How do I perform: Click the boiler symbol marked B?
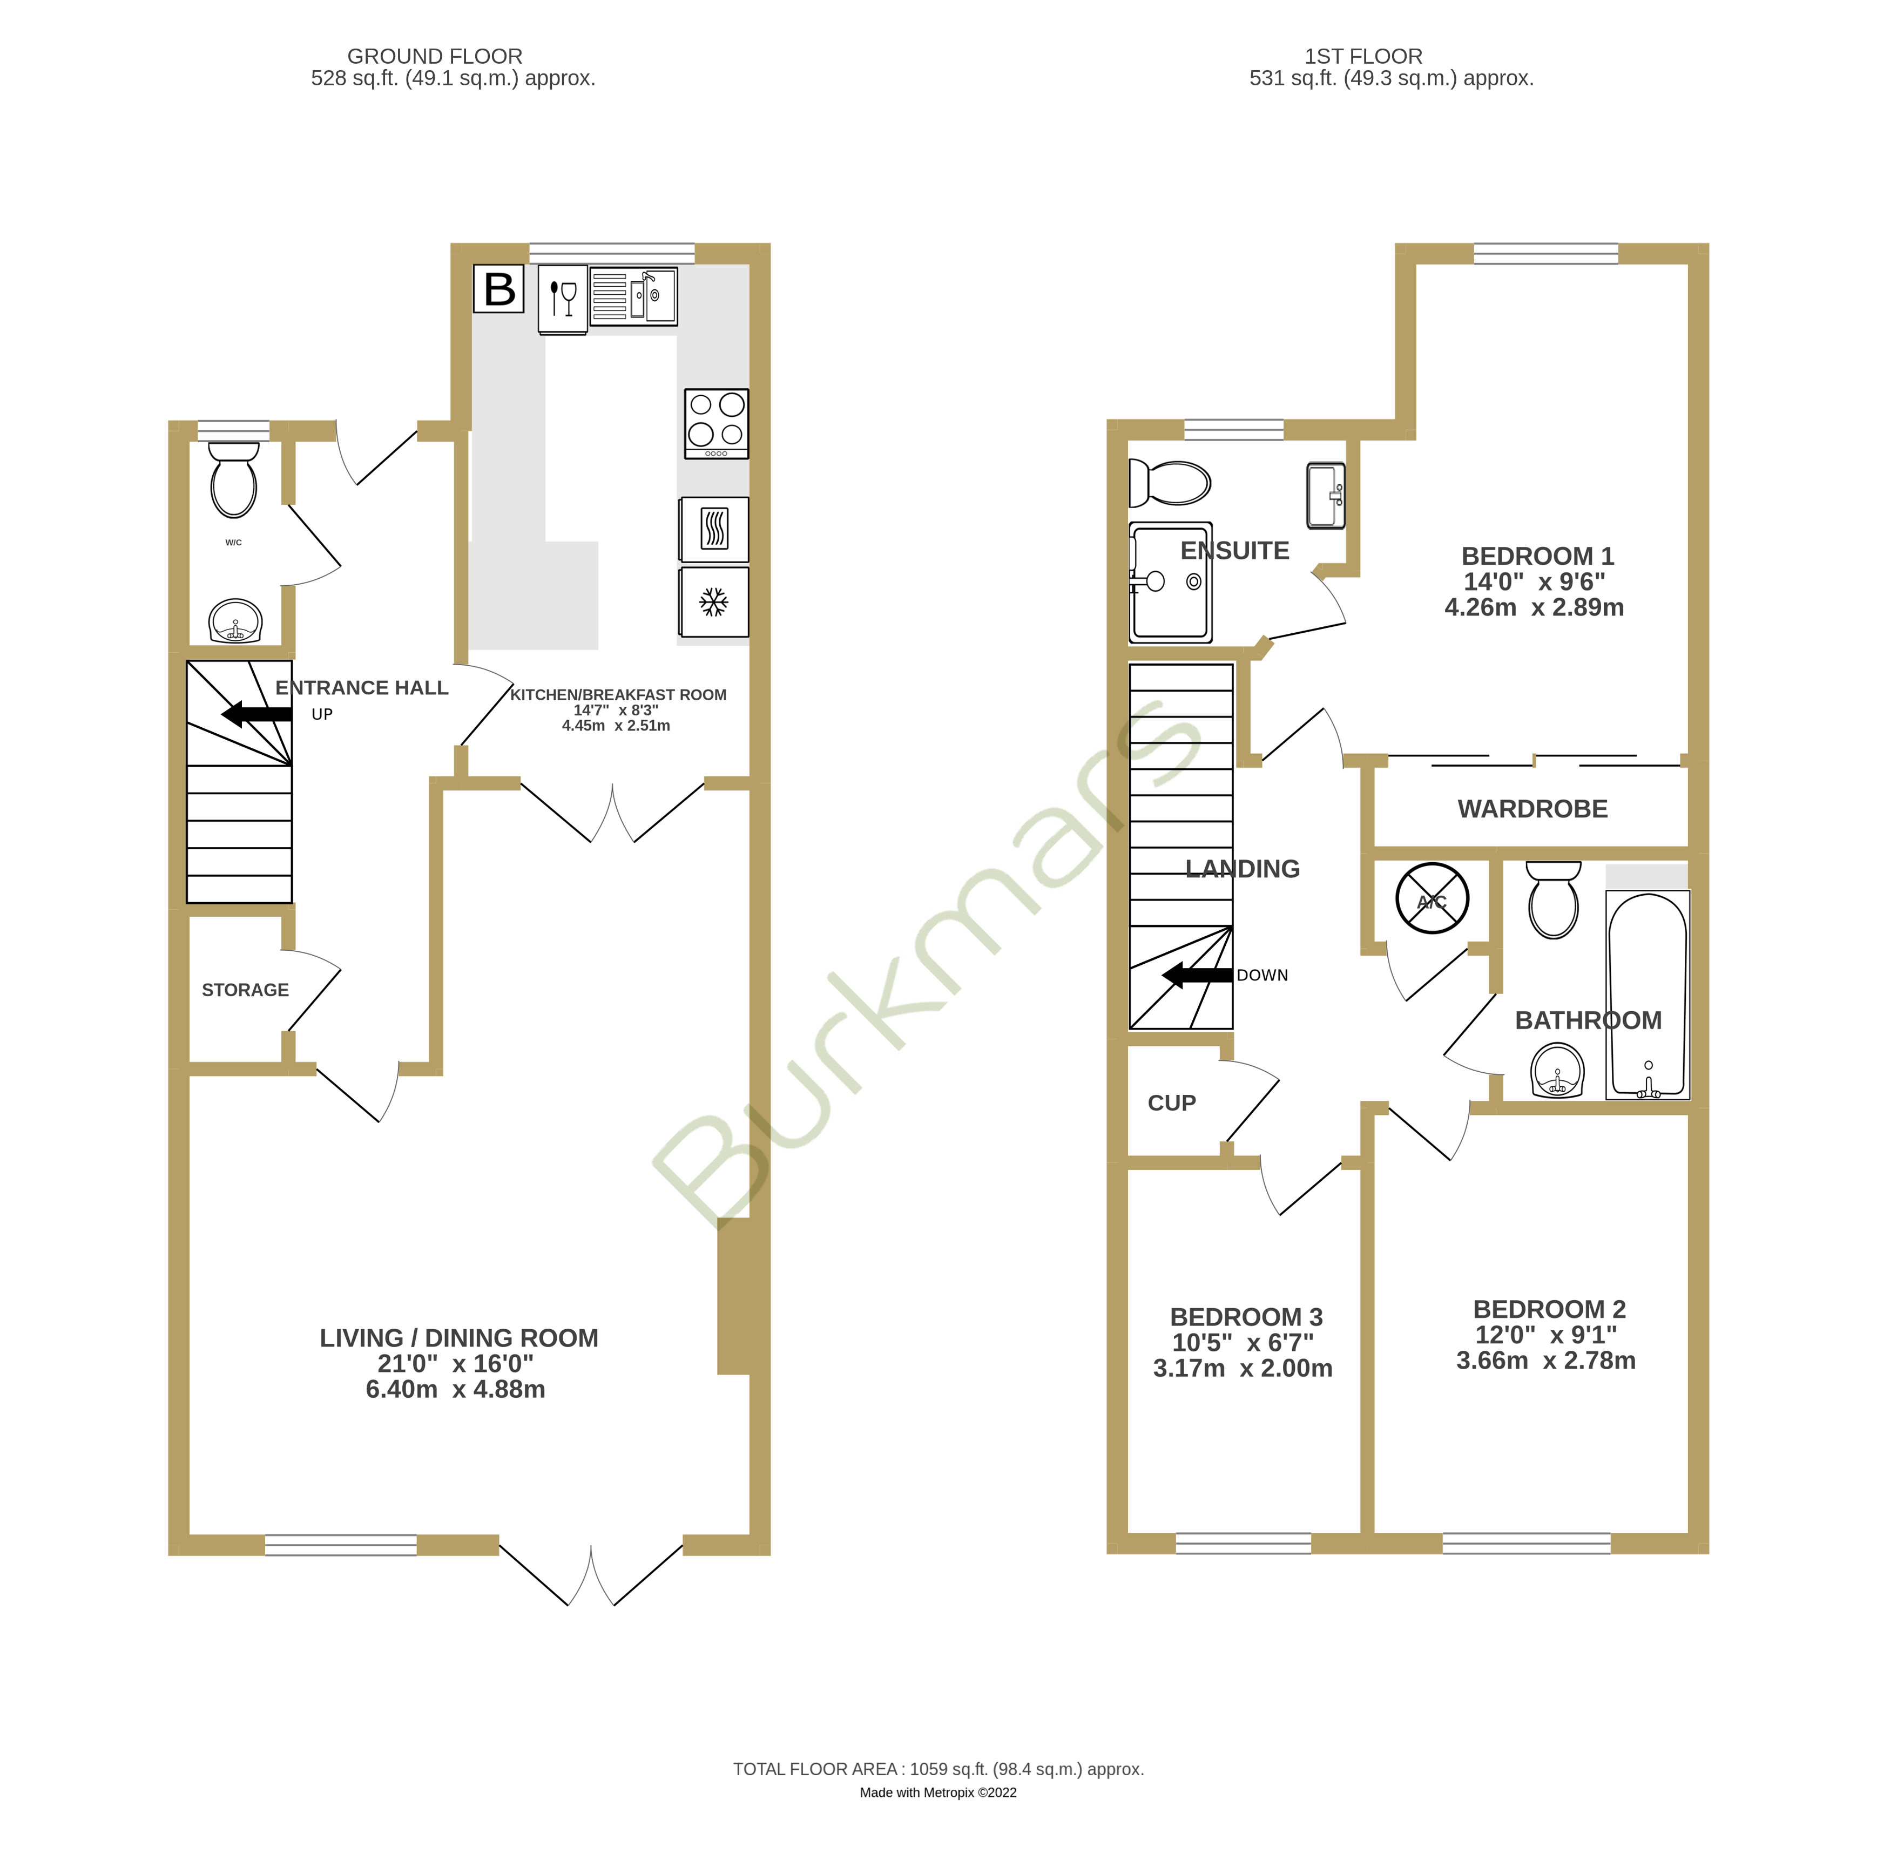[x=499, y=288]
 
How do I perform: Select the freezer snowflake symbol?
[x=714, y=603]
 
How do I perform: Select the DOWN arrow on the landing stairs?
[x=1198, y=976]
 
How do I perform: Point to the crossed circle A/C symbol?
[x=1432, y=898]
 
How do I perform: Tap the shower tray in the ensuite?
[x=1171, y=583]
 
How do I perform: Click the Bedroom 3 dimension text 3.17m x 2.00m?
[x=1243, y=1368]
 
